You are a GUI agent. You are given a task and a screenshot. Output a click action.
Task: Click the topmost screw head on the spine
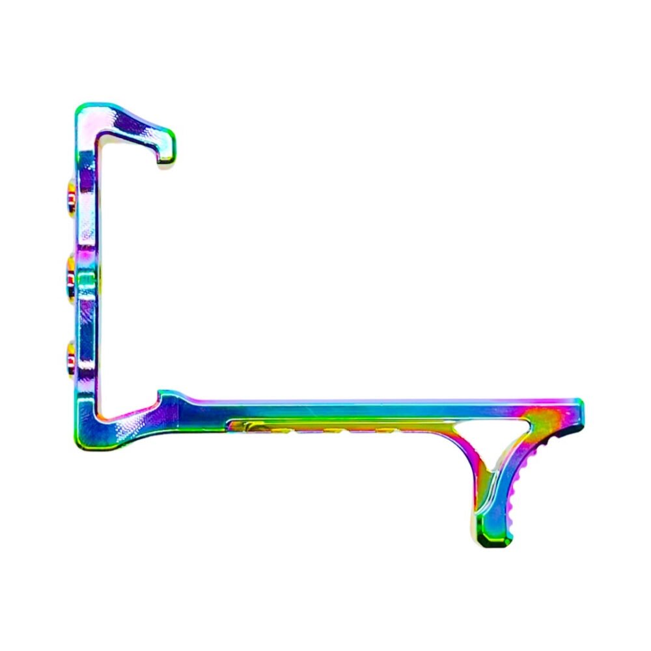tap(70, 194)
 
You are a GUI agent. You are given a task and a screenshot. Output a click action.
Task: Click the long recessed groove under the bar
tap(325, 427)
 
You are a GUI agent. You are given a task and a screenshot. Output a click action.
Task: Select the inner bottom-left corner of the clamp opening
tap(100, 413)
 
